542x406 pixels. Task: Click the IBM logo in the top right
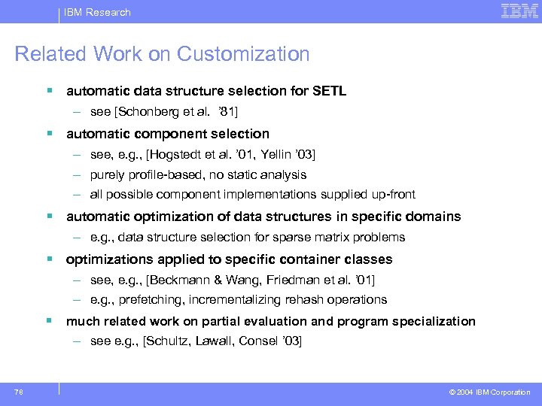tap(519, 11)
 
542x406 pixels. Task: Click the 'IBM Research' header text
tap(98, 12)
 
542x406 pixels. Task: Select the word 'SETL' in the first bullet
tap(329, 92)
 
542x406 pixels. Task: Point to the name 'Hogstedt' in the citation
tap(175, 155)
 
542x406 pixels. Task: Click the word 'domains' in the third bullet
tap(433, 217)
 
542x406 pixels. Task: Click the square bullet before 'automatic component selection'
tap(49, 134)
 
